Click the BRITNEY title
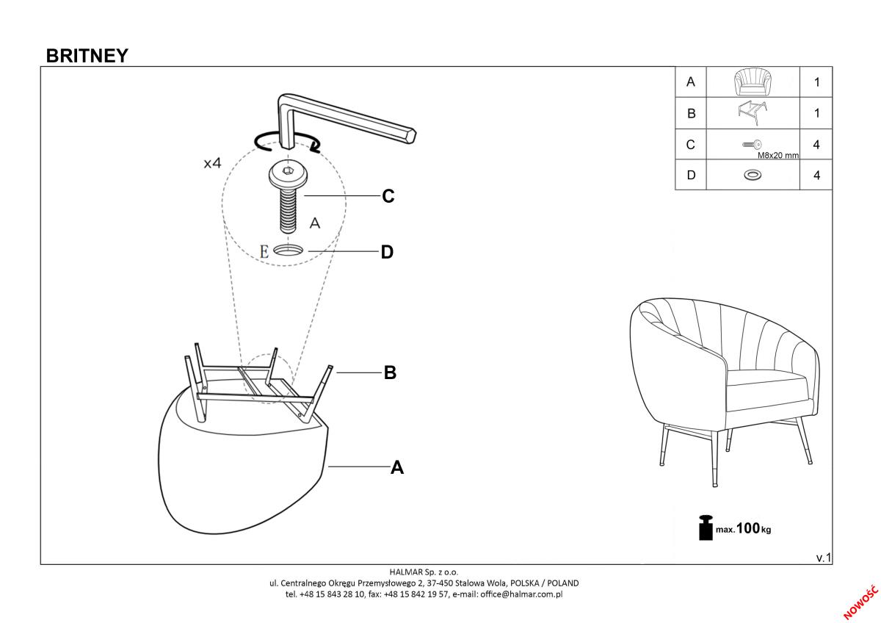tap(87, 56)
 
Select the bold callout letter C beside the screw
tap(388, 197)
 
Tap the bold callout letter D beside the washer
tap(388, 253)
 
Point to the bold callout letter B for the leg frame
tap(390, 373)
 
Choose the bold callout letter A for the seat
tap(397, 467)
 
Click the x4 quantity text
tap(212, 163)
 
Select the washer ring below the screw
tap(289, 251)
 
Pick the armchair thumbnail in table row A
tap(753, 82)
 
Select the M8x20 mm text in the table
tap(777, 156)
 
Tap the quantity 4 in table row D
tap(816, 176)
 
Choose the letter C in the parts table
tap(690, 145)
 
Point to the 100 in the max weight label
tap(747, 528)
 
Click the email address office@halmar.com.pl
tap(521, 594)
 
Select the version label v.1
tap(823, 558)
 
